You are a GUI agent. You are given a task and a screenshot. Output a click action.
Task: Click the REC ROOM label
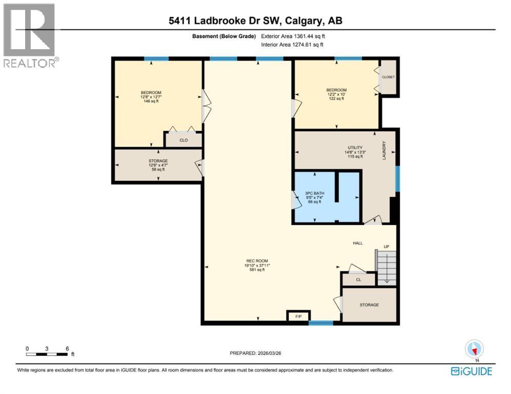[x=257, y=261]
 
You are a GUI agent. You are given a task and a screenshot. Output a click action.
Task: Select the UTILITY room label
[x=353, y=148]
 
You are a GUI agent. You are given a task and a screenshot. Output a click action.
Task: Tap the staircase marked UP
[x=386, y=266]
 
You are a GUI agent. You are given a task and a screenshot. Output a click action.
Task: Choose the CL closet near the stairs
[x=359, y=280]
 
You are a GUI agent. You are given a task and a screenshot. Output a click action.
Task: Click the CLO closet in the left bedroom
[x=183, y=140]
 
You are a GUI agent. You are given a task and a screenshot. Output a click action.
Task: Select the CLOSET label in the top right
[x=388, y=77]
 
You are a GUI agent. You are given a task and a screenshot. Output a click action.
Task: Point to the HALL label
[x=358, y=243]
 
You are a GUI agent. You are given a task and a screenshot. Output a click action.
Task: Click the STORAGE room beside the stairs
[x=369, y=305]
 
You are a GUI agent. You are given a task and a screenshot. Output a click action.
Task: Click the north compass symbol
[x=474, y=349]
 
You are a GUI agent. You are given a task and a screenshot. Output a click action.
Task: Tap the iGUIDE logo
[x=471, y=371]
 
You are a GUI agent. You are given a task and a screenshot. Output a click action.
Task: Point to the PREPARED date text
[x=255, y=353]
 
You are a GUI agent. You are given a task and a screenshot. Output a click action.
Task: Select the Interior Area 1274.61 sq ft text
[x=292, y=45]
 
